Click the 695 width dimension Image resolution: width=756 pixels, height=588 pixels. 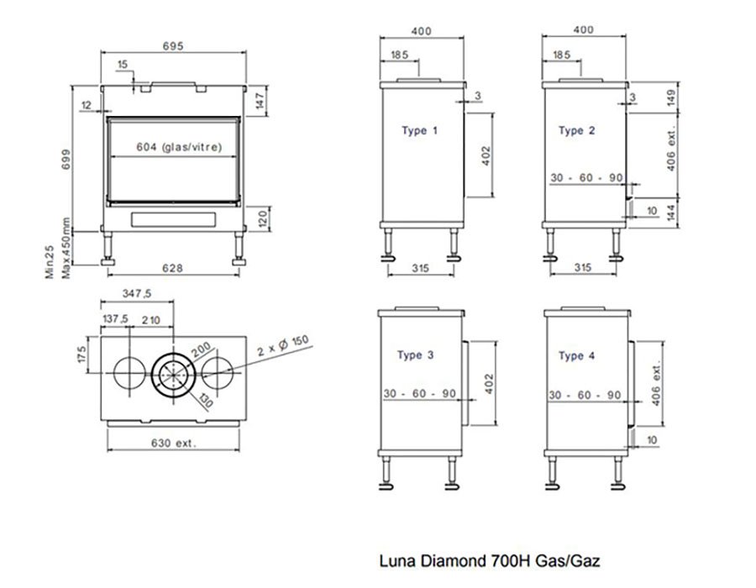(173, 45)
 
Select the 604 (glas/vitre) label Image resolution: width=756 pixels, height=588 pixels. (179, 147)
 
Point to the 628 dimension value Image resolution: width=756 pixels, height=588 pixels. (173, 269)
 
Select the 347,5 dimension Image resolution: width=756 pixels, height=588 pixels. (136, 294)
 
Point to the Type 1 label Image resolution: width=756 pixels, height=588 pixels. (419, 131)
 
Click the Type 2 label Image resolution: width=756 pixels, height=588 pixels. (577, 131)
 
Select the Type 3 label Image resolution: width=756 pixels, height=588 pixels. (415, 356)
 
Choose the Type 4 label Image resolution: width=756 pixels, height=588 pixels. (576, 356)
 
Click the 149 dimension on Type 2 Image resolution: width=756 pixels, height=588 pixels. (670, 98)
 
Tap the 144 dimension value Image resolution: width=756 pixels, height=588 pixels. (670, 213)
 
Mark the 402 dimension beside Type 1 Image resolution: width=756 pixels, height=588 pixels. (486, 156)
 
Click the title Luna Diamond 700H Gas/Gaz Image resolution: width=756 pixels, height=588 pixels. (491, 559)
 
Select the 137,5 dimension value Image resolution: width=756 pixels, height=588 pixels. (115, 319)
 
